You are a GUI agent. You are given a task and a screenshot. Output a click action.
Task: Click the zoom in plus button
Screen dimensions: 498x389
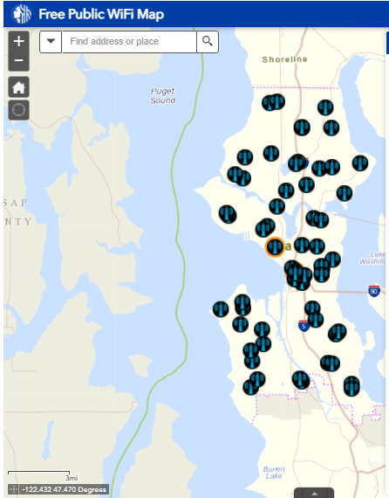coord(19,41)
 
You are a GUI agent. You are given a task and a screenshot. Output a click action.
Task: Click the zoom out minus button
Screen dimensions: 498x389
coord(19,61)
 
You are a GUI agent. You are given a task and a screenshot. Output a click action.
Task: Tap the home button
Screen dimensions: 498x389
coord(19,86)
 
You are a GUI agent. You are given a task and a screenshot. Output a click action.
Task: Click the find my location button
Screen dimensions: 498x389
coord(19,110)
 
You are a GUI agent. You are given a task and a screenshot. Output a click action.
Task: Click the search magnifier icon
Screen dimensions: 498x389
coord(208,41)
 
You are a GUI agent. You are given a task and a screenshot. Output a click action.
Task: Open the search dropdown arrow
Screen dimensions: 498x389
coord(51,41)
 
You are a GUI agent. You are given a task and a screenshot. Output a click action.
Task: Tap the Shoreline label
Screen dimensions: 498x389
coord(284,59)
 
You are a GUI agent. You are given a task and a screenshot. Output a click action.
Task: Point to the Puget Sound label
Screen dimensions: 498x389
coord(162,95)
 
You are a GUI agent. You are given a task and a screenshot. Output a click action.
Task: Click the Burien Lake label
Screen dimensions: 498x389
coord(273,474)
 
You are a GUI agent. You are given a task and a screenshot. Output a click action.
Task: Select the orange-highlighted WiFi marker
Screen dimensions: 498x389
coord(275,246)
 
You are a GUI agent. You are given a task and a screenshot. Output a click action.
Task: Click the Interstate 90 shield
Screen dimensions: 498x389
coord(374,291)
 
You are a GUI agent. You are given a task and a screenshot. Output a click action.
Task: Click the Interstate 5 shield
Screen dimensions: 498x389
coord(303,326)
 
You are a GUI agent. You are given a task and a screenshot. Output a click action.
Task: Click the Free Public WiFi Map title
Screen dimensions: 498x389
coord(100,15)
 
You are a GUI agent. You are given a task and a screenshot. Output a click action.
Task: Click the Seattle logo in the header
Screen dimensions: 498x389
coord(22,15)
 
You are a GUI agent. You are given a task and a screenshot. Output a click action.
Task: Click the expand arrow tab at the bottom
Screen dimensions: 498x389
coord(314,493)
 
